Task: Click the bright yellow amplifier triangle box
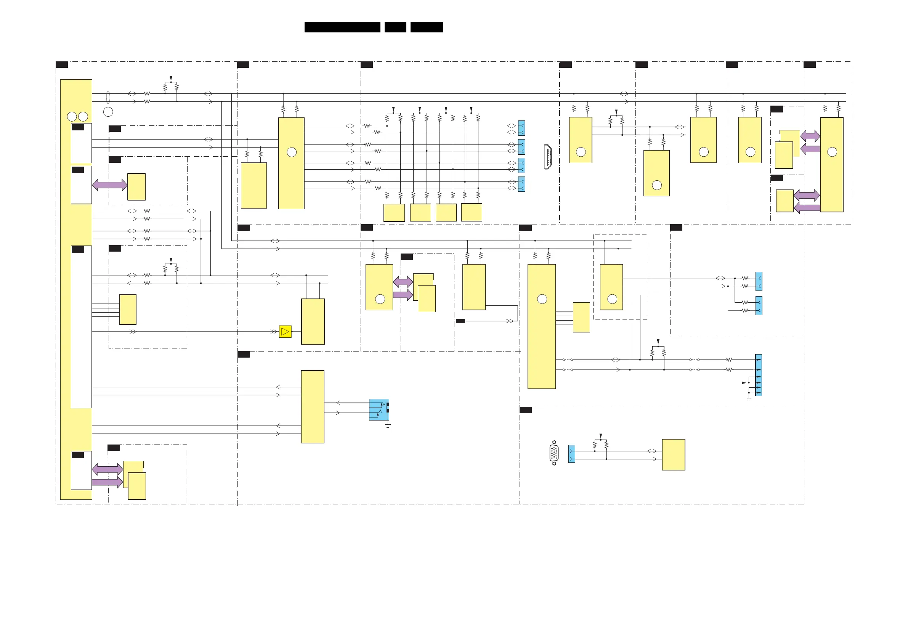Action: (285, 331)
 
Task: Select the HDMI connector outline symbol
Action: (548, 157)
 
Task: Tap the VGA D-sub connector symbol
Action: (554, 453)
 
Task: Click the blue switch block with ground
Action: (379, 409)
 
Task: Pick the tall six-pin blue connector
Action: (759, 375)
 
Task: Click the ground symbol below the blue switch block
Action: (388, 425)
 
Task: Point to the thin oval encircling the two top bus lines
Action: (108, 97)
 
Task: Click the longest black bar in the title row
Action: (342, 27)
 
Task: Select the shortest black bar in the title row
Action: (395, 27)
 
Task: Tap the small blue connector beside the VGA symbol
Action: (571, 454)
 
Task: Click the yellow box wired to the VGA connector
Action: (674, 454)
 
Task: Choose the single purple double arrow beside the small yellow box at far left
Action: (110, 185)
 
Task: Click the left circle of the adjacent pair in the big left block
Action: (72, 116)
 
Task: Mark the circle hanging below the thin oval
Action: (108, 112)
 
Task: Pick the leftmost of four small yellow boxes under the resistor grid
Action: (394, 213)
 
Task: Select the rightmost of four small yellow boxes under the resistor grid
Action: (472, 212)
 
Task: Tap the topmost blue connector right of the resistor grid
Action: (521, 128)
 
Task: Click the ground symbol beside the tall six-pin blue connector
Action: (749, 398)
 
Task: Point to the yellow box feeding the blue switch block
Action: (313, 407)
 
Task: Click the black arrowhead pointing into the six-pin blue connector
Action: (744, 382)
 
